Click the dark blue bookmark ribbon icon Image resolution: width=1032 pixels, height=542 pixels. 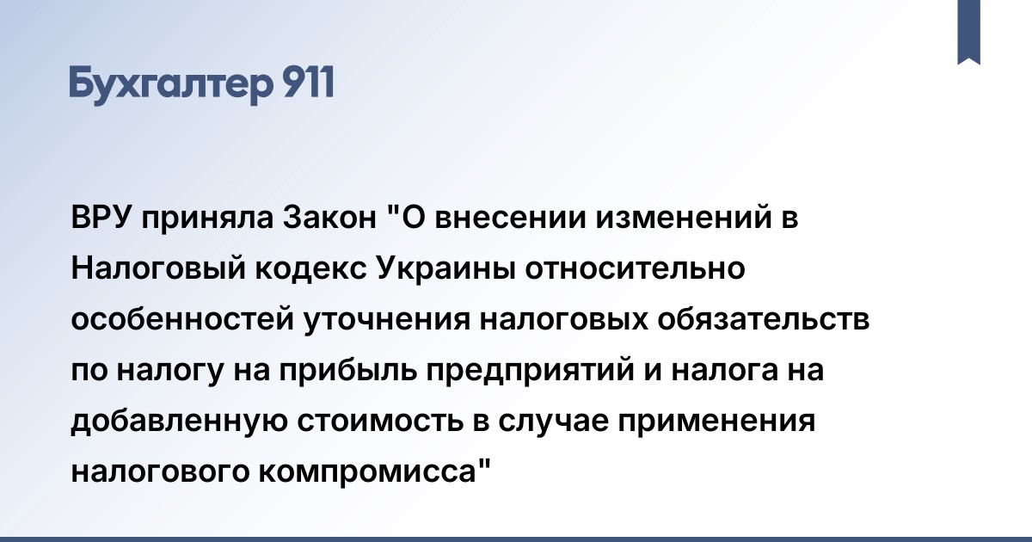click(968, 31)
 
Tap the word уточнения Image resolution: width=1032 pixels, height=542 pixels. click(386, 320)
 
